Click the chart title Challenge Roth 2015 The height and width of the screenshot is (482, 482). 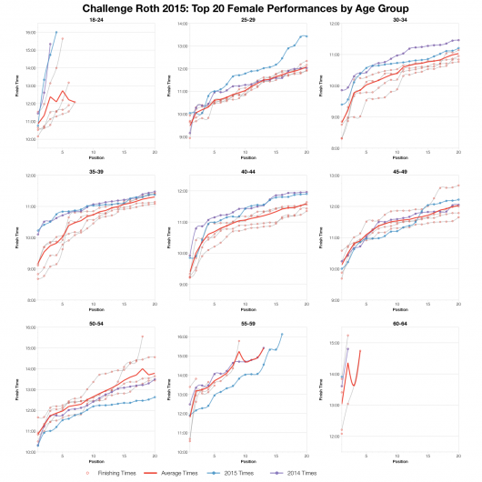241,7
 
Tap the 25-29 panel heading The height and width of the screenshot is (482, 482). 246,19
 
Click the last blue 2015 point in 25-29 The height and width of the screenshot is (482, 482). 306,36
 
